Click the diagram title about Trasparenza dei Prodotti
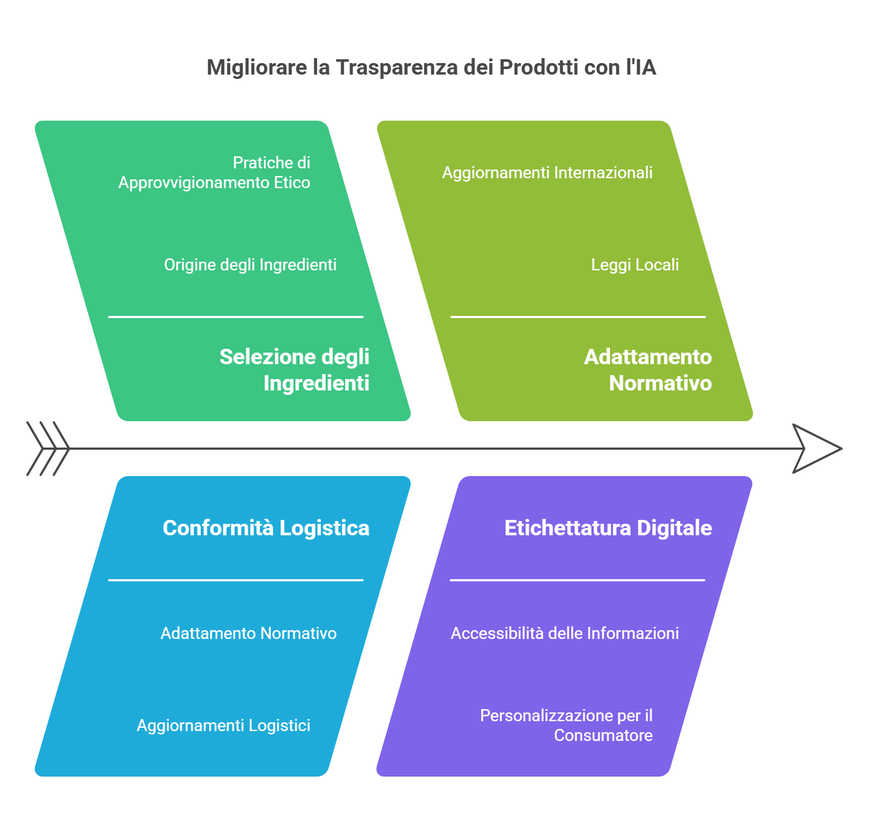431,67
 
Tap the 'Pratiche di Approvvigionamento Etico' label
215,173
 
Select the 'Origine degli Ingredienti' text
250,265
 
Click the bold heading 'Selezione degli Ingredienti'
295,370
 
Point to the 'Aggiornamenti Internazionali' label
548,173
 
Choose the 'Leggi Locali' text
635,265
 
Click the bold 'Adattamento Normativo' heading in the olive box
648,370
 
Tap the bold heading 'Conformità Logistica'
266,528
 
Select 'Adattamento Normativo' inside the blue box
249,633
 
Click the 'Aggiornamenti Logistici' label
223,726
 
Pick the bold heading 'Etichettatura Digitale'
608,528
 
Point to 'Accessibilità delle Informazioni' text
565,633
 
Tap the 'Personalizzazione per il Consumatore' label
566,726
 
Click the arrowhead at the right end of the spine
817,449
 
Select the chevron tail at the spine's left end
48,449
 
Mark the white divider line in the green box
236,317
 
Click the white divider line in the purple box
578,580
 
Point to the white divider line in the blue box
236,580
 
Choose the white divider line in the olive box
578,317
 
